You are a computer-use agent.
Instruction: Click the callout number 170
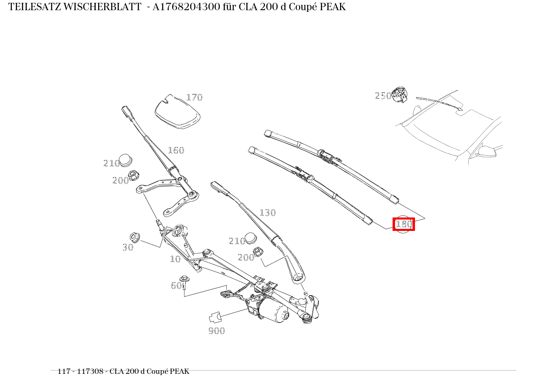click(x=194, y=97)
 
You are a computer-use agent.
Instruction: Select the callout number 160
click(x=176, y=150)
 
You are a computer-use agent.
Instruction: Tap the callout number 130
click(x=268, y=213)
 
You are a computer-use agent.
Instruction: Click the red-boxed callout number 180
click(x=404, y=224)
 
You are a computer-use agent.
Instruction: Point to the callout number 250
click(x=383, y=96)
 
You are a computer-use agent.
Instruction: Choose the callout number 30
click(x=128, y=247)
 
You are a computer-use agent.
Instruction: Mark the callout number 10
click(x=175, y=259)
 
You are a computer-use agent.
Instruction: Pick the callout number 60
click(x=176, y=286)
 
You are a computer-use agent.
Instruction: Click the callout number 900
click(x=217, y=331)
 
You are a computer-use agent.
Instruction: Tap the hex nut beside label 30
click(x=134, y=237)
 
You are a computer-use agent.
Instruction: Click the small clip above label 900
click(x=215, y=317)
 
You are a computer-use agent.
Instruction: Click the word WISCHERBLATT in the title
click(x=102, y=7)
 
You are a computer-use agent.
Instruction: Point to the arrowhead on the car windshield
click(x=460, y=108)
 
